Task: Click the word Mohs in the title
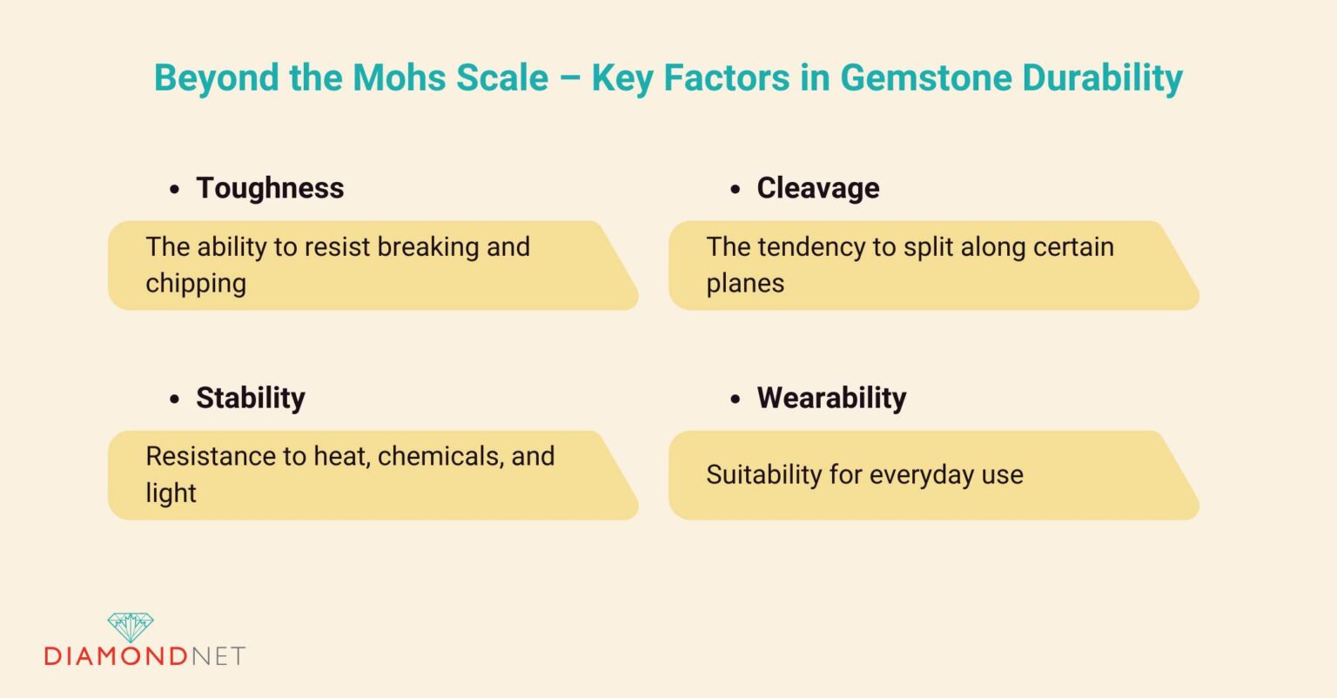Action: [x=407, y=77]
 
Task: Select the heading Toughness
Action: [x=270, y=188]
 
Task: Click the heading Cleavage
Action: [x=818, y=188]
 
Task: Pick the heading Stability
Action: [x=251, y=398]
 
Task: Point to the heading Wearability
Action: [x=831, y=398]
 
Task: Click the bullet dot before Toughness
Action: [x=175, y=189]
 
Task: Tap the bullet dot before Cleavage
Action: [x=736, y=189]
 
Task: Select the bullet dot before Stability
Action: [x=175, y=399]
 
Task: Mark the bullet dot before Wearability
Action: [x=736, y=399]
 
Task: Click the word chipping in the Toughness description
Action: [x=196, y=284]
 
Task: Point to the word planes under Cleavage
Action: [x=745, y=284]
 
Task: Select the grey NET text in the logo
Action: [x=218, y=655]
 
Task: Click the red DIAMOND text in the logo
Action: [x=116, y=655]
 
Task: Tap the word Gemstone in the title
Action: [x=925, y=77]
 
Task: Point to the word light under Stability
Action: [x=171, y=493]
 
